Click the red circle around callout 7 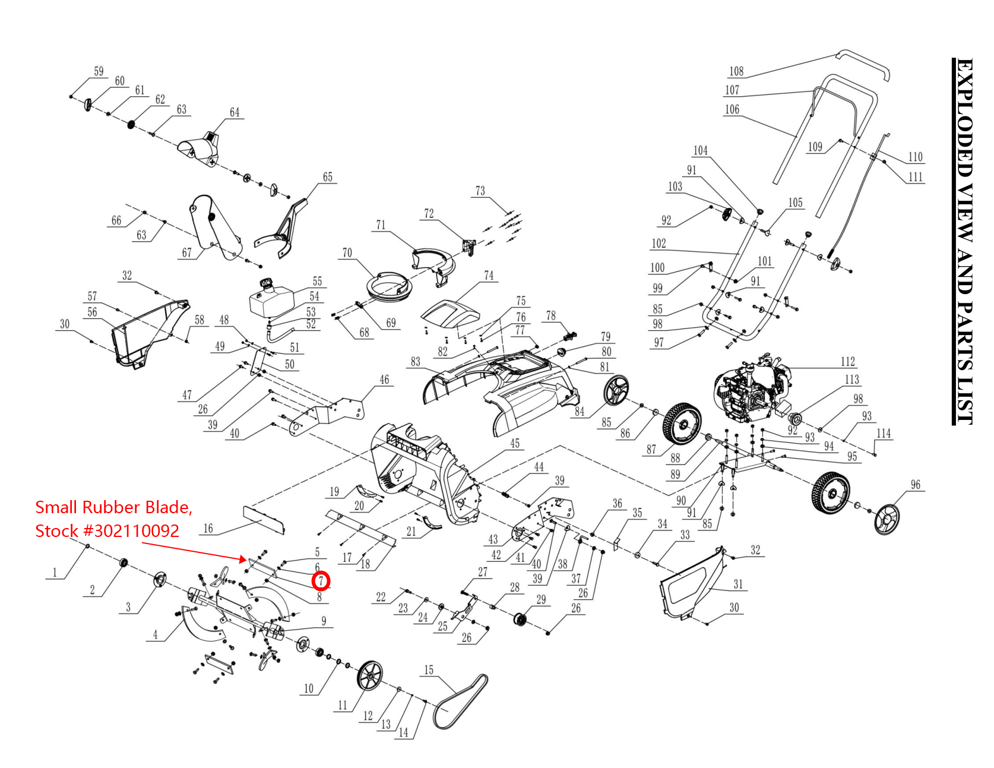point(321,580)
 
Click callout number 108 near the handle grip point(736,71)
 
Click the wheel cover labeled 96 point(887,519)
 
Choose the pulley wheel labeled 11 point(370,675)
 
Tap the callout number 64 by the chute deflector point(235,112)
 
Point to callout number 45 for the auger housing point(515,443)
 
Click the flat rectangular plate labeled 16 point(264,519)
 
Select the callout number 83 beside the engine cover point(415,361)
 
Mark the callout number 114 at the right point(884,433)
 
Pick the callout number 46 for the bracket point(384,379)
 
